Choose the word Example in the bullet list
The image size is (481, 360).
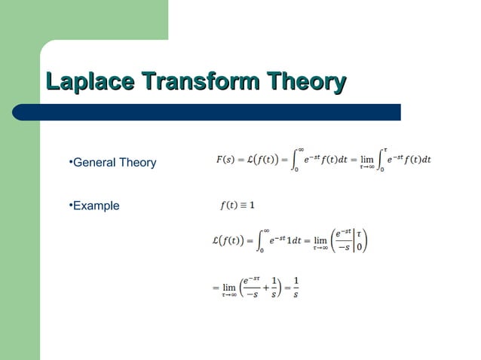[x=96, y=206]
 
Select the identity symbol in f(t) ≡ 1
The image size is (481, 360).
[x=244, y=204]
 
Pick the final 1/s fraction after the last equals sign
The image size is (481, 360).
[x=296, y=287]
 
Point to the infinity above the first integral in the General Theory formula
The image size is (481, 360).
[x=300, y=148]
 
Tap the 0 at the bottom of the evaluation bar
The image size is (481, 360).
[x=360, y=248]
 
